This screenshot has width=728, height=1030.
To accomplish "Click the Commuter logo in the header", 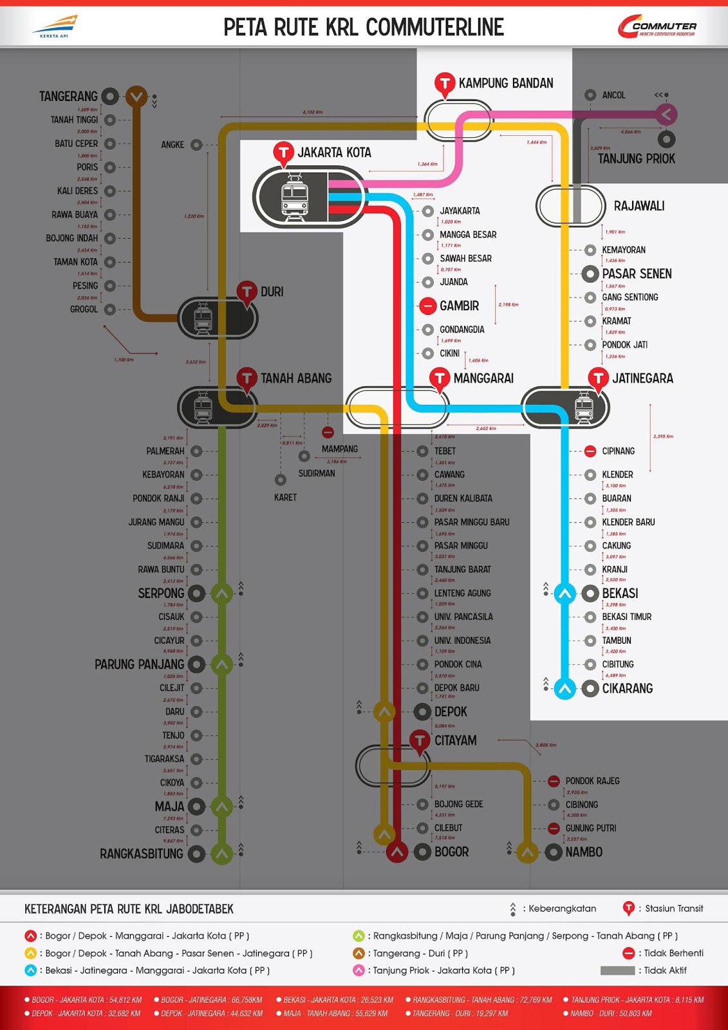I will pyautogui.click(x=657, y=27).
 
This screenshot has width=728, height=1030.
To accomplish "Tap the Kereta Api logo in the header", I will pyautogui.click(x=55, y=26).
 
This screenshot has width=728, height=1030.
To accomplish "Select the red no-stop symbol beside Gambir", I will pyautogui.click(x=427, y=306).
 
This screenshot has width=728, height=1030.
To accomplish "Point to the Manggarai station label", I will pyautogui.click(x=483, y=379).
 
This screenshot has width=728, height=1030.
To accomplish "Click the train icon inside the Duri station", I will pyautogui.click(x=203, y=317).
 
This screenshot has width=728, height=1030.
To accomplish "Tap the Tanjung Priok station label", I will pyautogui.click(x=636, y=158).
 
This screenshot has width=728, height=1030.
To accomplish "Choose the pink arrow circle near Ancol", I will pyautogui.click(x=666, y=115).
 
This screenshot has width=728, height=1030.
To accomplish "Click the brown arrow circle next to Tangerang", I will pyautogui.click(x=136, y=97).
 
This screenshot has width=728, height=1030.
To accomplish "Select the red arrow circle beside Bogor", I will pyautogui.click(x=397, y=852).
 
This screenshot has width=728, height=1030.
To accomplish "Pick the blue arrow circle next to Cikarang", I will pyautogui.click(x=565, y=689).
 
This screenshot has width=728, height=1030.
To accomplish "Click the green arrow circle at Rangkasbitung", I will pyautogui.click(x=222, y=854).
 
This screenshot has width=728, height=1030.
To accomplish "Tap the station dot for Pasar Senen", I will pyautogui.click(x=590, y=274).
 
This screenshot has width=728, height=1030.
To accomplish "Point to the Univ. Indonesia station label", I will pyautogui.click(x=462, y=641).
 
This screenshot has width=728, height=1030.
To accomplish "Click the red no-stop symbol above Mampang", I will pyautogui.click(x=328, y=432).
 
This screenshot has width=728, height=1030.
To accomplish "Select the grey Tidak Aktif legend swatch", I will pyautogui.click(x=617, y=971).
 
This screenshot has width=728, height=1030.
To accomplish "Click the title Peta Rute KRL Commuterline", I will pyautogui.click(x=364, y=27).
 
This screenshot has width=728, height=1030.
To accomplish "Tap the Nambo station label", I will pyautogui.click(x=584, y=852).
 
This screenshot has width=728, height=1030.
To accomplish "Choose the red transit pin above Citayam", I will pyautogui.click(x=420, y=740).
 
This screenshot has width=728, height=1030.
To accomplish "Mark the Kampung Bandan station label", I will pyautogui.click(x=506, y=83).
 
